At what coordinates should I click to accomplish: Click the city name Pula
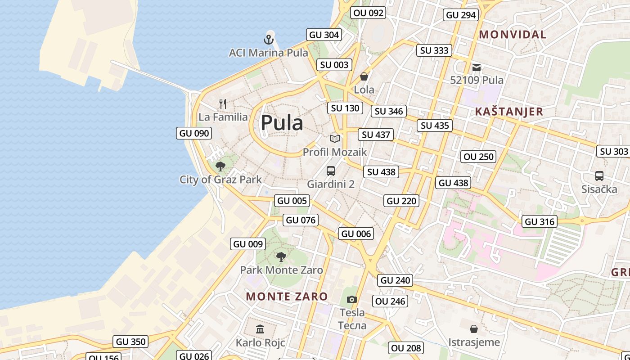pyautogui.click(x=282, y=123)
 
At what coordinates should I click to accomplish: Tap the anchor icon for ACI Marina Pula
pyautogui.click(x=269, y=40)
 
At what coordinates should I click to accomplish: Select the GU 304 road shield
pyautogui.click(x=324, y=35)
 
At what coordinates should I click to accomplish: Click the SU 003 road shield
pyautogui.click(x=334, y=65)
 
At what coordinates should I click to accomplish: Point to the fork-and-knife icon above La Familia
pyautogui.click(x=223, y=104)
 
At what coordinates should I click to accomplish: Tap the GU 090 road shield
pyautogui.click(x=194, y=133)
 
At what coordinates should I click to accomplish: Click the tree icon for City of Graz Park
pyautogui.click(x=220, y=166)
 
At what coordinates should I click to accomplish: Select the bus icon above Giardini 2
pyautogui.click(x=331, y=171)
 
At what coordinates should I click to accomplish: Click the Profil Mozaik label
pyautogui.click(x=335, y=152)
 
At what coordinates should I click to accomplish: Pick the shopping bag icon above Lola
pyautogui.click(x=364, y=76)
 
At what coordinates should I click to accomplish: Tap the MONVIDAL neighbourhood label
pyautogui.click(x=513, y=34)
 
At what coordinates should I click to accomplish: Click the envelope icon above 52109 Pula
pyautogui.click(x=477, y=68)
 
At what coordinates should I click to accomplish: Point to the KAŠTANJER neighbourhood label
pyautogui.click(x=509, y=112)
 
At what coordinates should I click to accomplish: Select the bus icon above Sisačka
pyautogui.click(x=599, y=176)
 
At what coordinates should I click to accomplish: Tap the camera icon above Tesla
pyautogui.click(x=352, y=299)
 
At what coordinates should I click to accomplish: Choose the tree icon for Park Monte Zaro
pyautogui.click(x=281, y=257)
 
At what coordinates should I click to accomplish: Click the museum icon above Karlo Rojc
pyautogui.click(x=260, y=329)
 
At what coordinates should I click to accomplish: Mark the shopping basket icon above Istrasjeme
pyautogui.click(x=473, y=329)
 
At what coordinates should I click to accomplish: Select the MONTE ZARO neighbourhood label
pyautogui.click(x=287, y=296)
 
